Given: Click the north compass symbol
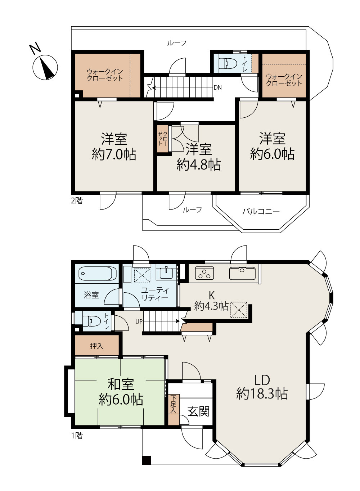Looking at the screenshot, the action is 45,67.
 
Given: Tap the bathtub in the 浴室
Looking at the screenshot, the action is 97,273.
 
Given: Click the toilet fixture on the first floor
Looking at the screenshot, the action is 92,321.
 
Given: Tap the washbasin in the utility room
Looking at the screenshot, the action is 166,273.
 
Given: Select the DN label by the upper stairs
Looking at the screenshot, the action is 218,88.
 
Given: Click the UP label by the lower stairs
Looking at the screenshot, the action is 139,321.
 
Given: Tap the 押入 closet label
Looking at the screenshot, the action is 97,346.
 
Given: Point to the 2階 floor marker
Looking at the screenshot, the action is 77,201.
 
